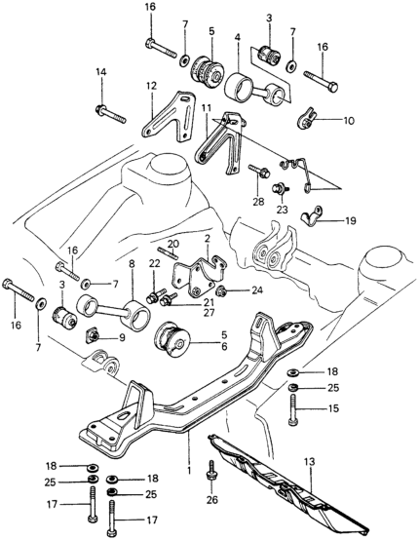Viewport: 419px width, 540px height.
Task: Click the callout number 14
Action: [x=101, y=72]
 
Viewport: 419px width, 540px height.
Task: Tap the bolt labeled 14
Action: [x=110, y=114]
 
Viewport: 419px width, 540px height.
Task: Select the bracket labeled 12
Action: [x=169, y=116]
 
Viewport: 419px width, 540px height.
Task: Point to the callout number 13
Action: [x=310, y=462]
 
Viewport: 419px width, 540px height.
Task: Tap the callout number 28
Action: [x=258, y=202]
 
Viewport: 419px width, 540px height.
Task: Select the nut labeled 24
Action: [x=221, y=291]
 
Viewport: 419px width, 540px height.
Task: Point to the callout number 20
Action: [x=173, y=244]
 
